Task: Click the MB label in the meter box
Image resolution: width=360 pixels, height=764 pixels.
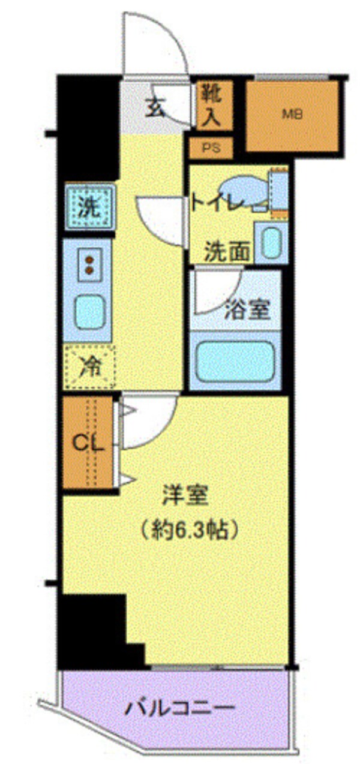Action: pos(292,113)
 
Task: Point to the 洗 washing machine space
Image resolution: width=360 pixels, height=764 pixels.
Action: pos(89,207)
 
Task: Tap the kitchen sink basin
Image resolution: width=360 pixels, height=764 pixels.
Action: pos(89,310)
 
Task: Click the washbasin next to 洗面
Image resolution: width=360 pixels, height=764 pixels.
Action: pos(271,243)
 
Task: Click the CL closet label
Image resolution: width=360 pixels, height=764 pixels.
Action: pos(89,444)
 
